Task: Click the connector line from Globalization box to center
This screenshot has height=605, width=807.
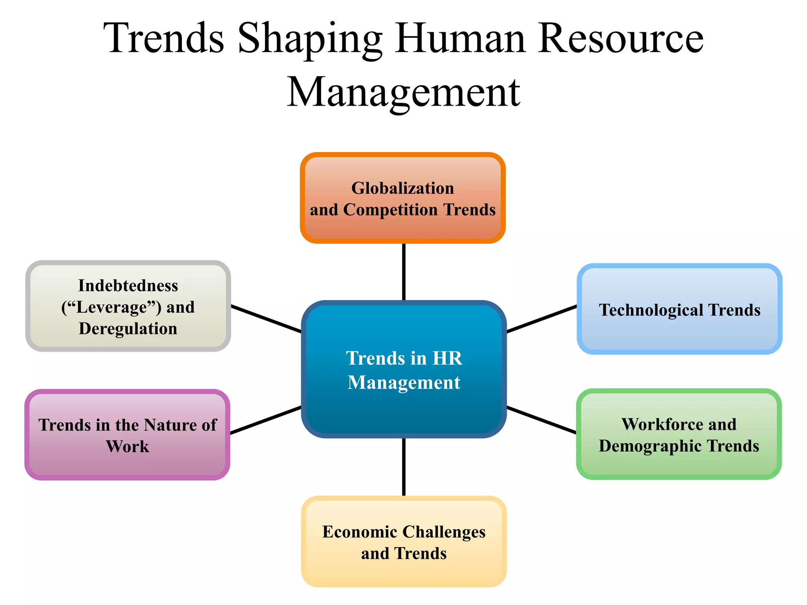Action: point(403,272)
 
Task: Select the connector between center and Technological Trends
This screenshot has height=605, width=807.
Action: point(542,319)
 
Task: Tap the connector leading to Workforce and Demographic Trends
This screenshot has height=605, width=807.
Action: point(541,420)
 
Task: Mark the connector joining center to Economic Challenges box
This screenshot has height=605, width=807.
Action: point(403,467)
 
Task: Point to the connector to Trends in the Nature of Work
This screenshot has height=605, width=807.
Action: point(266,420)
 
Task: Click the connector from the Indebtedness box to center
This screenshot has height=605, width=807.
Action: point(266,319)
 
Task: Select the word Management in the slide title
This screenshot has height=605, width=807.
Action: point(403,93)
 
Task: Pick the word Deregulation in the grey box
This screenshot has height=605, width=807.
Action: point(128,328)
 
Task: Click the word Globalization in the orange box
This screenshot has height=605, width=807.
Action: point(403,188)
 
